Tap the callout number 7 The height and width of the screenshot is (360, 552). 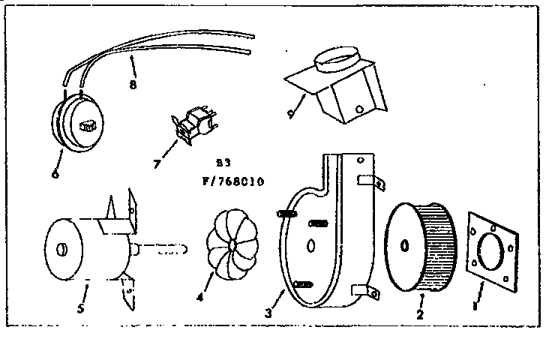click(x=157, y=163)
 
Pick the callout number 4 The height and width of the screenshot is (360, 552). click(x=199, y=297)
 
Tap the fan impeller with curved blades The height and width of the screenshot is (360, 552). click(x=232, y=244)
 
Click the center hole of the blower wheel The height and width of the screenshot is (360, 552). click(x=404, y=245)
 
